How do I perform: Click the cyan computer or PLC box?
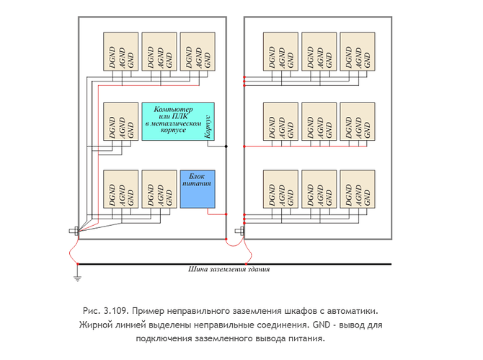pos(177,120)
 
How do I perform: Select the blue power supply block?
pos(197,189)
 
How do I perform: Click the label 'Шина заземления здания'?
pos(229,271)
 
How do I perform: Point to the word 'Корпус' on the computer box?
pos(208,127)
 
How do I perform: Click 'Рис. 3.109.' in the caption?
pos(106,310)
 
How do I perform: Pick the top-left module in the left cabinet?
pos(121,52)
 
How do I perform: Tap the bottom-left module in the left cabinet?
pos(121,189)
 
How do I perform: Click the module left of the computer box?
pos(121,120)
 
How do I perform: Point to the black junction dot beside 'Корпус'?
pos(226,145)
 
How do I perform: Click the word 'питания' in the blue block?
pos(197,184)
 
